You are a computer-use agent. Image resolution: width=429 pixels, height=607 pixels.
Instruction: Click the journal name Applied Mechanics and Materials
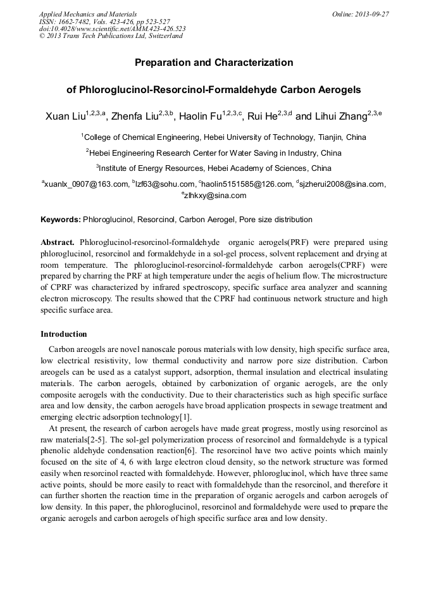(x=88, y=14)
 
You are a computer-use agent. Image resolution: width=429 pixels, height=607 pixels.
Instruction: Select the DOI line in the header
(x=113, y=28)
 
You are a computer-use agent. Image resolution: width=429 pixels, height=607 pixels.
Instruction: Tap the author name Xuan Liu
(x=65, y=116)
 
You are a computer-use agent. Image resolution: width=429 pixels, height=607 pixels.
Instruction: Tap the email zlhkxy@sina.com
(x=215, y=196)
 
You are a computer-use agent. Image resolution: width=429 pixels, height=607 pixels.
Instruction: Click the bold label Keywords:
(x=61, y=220)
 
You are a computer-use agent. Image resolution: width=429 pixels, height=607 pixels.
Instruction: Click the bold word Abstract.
(x=58, y=242)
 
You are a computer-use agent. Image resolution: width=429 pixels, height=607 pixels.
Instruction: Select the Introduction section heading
(x=64, y=334)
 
